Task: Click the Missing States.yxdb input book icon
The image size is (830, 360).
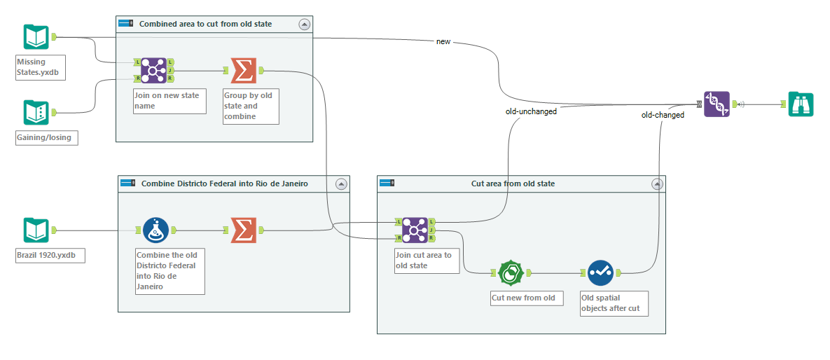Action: (x=36, y=36)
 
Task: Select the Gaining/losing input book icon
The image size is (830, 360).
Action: (x=36, y=112)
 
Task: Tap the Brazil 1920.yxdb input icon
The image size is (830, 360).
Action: (x=36, y=230)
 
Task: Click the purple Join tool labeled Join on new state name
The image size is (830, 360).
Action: (x=153, y=70)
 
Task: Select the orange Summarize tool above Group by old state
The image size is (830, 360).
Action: (x=242, y=70)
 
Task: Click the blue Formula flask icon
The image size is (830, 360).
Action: (x=155, y=229)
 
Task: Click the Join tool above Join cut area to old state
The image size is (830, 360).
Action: (x=414, y=229)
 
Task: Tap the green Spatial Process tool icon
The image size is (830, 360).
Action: (x=511, y=273)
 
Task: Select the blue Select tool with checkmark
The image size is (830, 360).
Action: (x=600, y=273)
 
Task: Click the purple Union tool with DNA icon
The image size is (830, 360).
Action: (x=717, y=104)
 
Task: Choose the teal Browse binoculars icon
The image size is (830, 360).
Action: (x=800, y=104)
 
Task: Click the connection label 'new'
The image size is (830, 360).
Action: (x=443, y=41)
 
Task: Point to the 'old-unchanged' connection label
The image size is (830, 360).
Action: (x=531, y=111)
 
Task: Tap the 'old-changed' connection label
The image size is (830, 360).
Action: (x=663, y=115)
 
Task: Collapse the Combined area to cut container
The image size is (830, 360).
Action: (x=303, y=24)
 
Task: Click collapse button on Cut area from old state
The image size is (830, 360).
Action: (x=656, y=184)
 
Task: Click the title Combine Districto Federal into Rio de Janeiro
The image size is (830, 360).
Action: (x=224, y=184)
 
